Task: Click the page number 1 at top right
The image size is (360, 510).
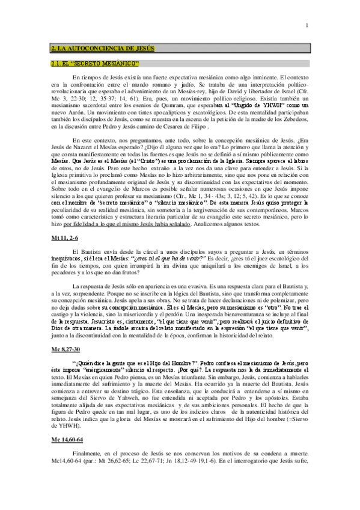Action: tap(307, 25)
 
